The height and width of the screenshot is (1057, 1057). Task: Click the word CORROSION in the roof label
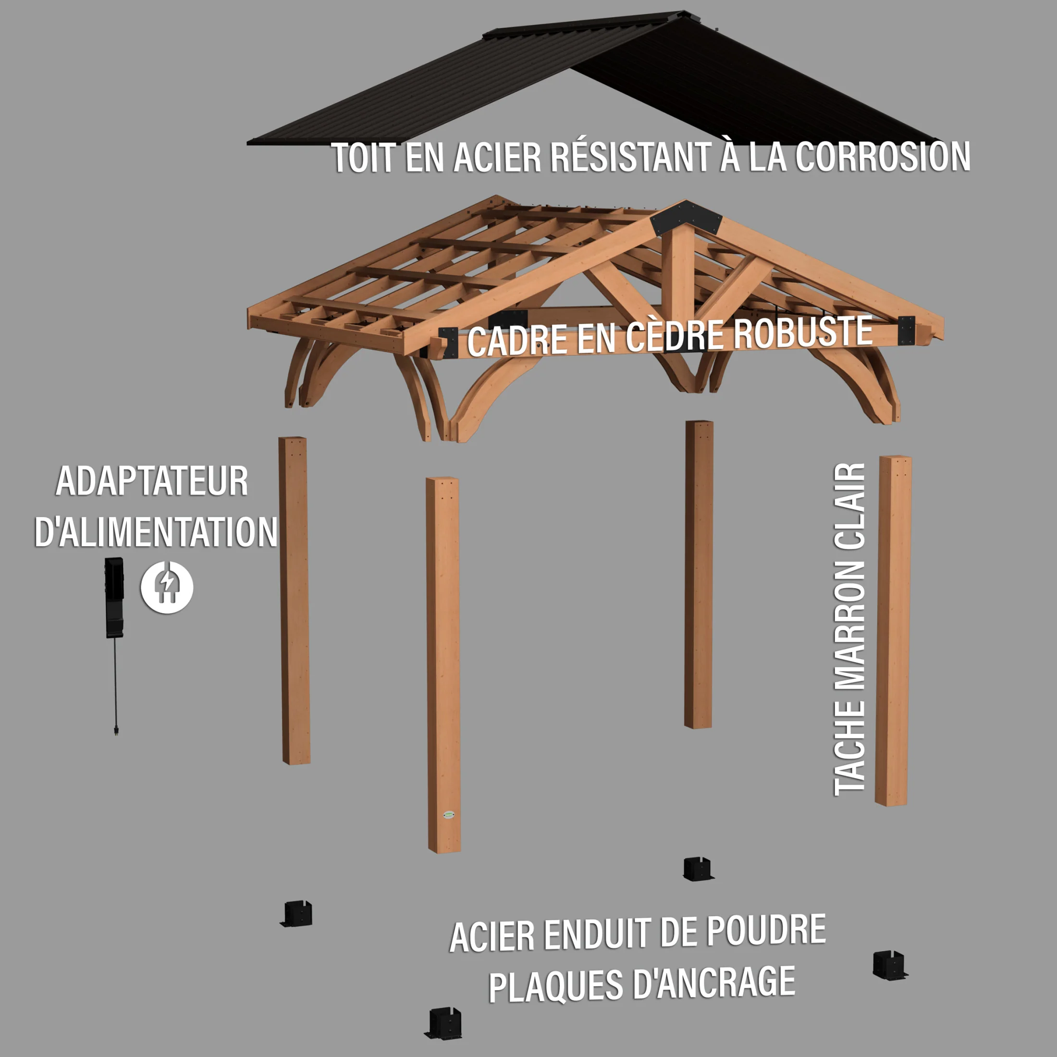coord(882,157)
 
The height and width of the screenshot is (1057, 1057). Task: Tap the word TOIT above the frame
coord(363,158)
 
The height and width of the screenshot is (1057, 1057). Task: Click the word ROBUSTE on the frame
coord(802,332)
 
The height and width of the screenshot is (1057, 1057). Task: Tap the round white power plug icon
coord(167,587)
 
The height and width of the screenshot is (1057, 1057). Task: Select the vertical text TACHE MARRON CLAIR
coord(849,629)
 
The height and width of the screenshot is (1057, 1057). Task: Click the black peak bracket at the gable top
coord(686,218)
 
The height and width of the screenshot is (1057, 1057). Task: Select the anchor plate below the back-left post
coord(296,915)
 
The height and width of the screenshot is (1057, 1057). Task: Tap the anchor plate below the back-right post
coord(699,869)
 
